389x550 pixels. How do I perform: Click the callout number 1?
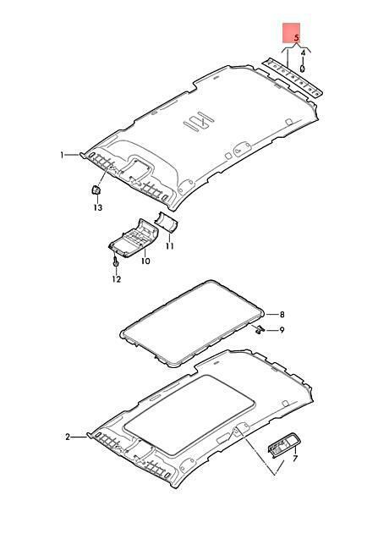pyautogui.click(x=63, y=155)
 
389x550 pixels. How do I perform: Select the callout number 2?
pyautogui.click(x=68, y=437)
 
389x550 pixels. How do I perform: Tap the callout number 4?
pyautogui.click(x=303, y=52)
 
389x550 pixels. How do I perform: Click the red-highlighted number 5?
pyautogui.click(x=297, y=37)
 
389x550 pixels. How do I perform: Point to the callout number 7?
pyautogui.click(x=295, y=458)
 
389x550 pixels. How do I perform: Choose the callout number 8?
pyautogui.click(x=282, y=315)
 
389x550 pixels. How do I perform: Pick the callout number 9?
pyautogui.click(x=282, y=330)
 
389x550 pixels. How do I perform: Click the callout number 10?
pyautogui.click(x=145, y=261)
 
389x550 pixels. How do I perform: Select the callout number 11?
pyautogui.click(x=170, y=246)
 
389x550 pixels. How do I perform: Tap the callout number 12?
pyautogui.click(x=117, y=279)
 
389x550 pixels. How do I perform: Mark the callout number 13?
pyautogui.click(x=98, y=207)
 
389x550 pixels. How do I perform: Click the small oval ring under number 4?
pyautogui.click(x=303, y=68)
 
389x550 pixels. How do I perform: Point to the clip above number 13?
pyautogui.click(x=96, y=190)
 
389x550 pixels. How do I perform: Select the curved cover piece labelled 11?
pyautogui.click(x=167, y=222)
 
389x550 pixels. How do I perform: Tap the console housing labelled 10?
pyautogui.click(x=134, y=238)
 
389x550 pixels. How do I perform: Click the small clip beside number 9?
pyautogui.click(x=259, y=329)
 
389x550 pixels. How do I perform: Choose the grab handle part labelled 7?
pyautogui.click(x=283, y=443)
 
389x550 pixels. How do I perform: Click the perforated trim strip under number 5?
pyautogui.click(x=293, y=77)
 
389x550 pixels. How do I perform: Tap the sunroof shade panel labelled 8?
pyautogui.click(x=192, y=323)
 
